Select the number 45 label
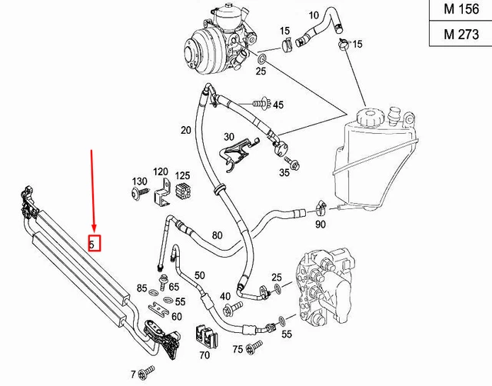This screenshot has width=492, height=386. [278, 105]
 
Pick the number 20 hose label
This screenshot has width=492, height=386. [186, 130]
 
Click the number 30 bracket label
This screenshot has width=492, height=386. [228, 137]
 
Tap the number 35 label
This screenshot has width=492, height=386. [284, 174]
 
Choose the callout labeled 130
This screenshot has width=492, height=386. [139, 181]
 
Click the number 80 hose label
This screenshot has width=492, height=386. [217, 235]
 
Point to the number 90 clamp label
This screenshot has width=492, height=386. [321, 224]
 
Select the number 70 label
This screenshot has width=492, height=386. [204, 355]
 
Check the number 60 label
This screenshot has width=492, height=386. [176, 317]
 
